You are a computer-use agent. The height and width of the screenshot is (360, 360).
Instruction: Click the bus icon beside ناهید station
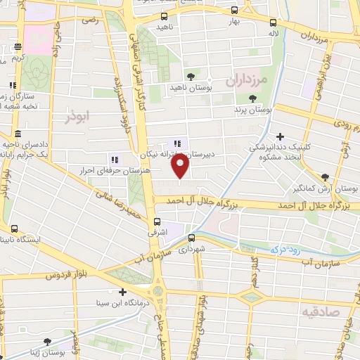(165, 16)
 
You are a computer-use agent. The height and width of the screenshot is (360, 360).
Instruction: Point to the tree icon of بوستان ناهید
(190, 77)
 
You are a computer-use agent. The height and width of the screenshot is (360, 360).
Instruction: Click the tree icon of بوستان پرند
(252, 99)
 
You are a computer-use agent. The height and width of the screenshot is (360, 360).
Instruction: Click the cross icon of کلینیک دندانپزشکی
(281, 137)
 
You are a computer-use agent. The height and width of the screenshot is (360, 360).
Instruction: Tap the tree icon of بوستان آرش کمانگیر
(324, 178)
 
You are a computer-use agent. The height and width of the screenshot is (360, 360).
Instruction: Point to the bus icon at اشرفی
(150, 219)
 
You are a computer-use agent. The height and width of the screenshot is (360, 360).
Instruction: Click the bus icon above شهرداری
(191, 238)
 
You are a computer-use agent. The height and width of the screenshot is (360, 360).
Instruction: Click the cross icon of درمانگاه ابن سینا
(122, 292)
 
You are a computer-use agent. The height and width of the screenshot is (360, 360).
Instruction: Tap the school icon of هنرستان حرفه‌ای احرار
(114, 160)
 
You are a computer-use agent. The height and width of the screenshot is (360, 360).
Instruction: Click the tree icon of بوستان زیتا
(47, 342)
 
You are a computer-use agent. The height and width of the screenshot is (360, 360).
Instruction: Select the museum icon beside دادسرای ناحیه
(17, 134)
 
